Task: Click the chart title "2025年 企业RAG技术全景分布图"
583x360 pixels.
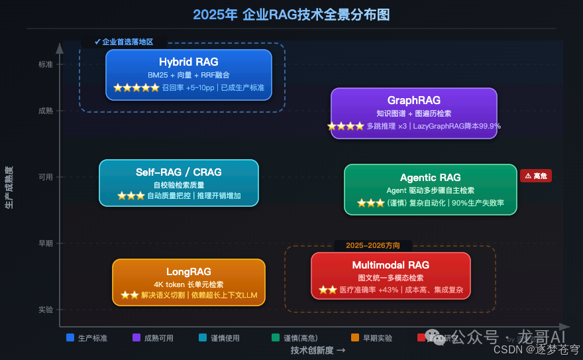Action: pos(291,14)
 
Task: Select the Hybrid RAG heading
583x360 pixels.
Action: pos(188,62)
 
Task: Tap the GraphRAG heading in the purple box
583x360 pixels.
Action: pos(413,101)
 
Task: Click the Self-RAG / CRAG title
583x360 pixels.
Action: pos(178,172)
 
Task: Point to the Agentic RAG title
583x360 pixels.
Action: pos(430,178)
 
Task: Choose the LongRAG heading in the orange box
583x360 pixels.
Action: pos(188,272)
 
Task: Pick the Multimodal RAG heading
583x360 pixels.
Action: pos(390,265)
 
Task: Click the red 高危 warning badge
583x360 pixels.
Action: pos(536,176)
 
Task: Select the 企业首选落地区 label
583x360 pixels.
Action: pos(124,42)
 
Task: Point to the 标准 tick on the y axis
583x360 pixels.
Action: pos(45,64)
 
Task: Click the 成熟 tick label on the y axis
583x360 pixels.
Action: pos(45,111)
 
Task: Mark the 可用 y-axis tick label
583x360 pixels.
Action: pos(45,177)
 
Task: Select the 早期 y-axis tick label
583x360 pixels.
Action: pos(45,243)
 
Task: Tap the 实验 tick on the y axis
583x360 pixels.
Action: pos(45,310)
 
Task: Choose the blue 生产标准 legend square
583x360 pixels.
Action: pos(70,337)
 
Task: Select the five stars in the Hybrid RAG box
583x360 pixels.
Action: pos(136,88)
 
